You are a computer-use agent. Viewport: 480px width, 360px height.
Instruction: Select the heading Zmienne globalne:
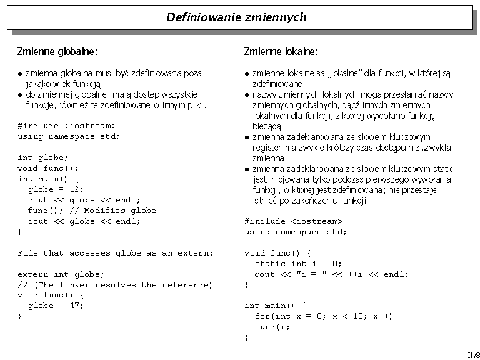coord(57,51)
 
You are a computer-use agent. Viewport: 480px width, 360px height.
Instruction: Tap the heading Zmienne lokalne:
coord(281,51)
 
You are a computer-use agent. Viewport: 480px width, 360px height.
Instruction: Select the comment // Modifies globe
coord(113,211)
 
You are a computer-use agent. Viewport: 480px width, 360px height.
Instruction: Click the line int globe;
coord(43,157)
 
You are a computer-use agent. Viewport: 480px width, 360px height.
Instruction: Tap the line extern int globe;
coord(61,274)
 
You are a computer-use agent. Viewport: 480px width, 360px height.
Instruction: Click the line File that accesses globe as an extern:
coord(116,253)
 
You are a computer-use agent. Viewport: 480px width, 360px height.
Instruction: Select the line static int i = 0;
coord(299,264)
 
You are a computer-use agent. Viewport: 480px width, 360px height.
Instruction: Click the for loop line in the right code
coord(324,316)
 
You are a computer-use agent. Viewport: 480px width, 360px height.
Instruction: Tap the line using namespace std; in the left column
coord(69,136)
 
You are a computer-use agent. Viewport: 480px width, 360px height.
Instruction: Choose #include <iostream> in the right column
coord(294,221)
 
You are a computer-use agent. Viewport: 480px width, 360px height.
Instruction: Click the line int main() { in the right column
coord(276,306)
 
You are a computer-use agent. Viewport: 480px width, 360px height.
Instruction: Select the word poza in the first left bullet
coord(192,73)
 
